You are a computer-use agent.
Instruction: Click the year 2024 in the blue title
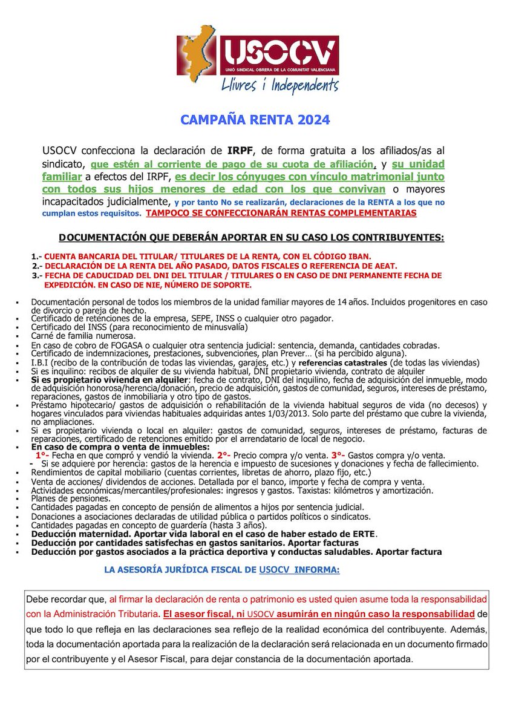point(313,120)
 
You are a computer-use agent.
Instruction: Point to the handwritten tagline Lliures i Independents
point(279,84)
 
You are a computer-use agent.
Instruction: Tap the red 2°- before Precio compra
point(224,455)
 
